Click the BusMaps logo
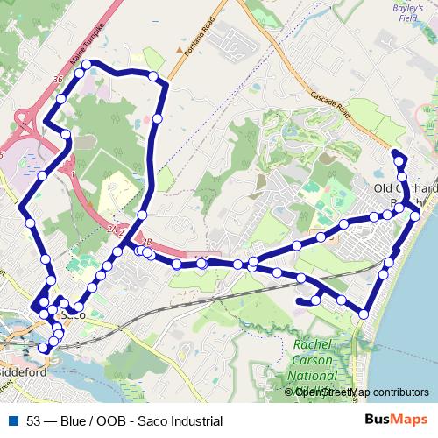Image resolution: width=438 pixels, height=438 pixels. point(395,420)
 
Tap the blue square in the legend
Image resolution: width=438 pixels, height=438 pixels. point(12,421)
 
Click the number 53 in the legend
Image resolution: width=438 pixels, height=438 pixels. point(33,421)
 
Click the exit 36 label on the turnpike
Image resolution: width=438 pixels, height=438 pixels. point(59,80)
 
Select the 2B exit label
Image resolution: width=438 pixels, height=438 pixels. point(145,241)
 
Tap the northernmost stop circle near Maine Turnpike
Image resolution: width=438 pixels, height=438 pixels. point(87,64)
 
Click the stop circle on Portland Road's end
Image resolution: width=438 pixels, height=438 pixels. point(154,77)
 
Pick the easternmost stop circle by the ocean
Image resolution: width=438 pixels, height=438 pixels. point(414,213)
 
